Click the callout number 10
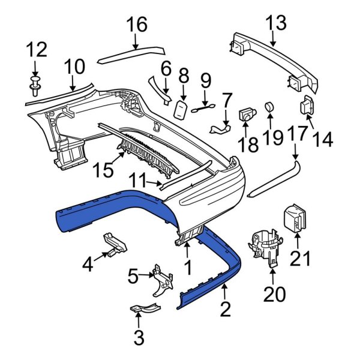tap(75, 66)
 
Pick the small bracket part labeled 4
tap(115, 242)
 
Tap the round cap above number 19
tap(269, 107)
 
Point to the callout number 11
tap(139, 180)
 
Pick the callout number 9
tap(205, 79)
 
